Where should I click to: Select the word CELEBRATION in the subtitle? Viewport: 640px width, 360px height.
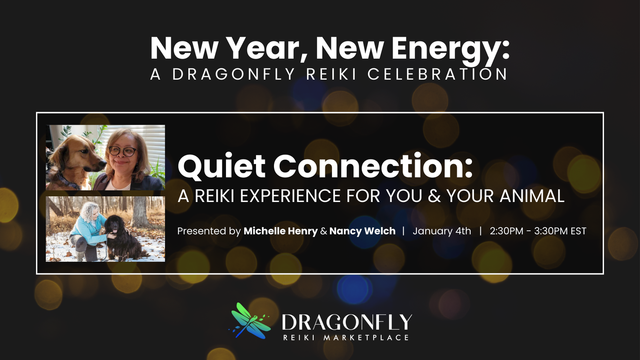(x=437, y=74)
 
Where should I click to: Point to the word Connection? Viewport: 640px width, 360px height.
(x=373, y=166)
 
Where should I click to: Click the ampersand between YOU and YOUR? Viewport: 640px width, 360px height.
(x=434, y=196)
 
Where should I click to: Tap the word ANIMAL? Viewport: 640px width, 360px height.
(x=532, y=196)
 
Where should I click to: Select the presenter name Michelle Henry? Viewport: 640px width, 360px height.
(x=280, y=231)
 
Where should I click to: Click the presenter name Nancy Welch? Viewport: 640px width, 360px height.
(x=362, y=231)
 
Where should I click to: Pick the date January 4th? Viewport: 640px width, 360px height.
(x=442, y=231)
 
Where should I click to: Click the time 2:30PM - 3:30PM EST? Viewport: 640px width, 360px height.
(x=538, y=231)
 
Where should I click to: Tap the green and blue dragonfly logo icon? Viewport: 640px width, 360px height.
(x=250, y=320)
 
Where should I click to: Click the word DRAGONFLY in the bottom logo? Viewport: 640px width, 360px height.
(x=347, y=322)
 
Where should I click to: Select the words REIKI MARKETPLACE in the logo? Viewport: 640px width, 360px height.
(x=346, y=338)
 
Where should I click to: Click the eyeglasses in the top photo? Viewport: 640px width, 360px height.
(x=122, y=151)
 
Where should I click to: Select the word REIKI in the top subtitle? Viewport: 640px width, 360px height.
(x=331, y=74)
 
